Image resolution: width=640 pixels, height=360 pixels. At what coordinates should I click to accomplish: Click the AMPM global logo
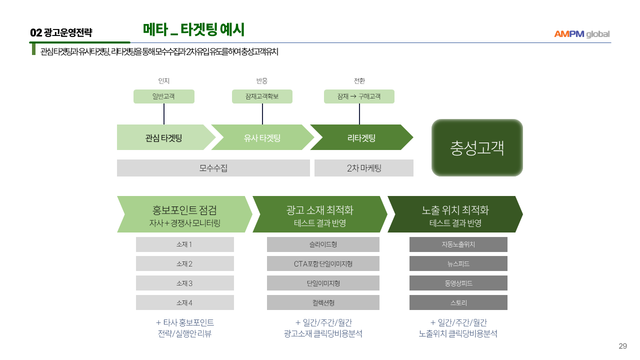pos(581,34)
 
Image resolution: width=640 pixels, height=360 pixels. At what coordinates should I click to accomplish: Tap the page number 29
pos(622,346)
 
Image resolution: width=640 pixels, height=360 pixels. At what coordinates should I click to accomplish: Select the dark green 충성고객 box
pos(477,148)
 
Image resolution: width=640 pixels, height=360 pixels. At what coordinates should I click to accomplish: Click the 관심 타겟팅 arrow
pos(163,137)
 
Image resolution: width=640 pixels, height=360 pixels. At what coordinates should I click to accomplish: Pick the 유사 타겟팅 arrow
pos(262,137)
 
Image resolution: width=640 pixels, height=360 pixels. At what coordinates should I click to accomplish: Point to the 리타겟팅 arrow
pos(361,137)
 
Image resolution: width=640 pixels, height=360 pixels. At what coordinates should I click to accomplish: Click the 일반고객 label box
pos(163,96)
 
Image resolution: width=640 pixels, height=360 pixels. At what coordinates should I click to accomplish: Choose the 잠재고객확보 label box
pos(262,96)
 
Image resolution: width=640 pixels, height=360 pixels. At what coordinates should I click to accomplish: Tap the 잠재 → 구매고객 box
pos(359,96)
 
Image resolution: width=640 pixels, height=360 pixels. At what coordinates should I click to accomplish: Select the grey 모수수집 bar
pos(213,168)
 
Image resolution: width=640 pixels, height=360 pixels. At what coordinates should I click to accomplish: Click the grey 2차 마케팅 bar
pos(364,168)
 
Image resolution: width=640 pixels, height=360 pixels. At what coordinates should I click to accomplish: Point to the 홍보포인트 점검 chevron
pos(184,214)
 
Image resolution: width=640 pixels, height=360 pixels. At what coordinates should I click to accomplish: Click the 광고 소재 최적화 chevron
pos(320,214)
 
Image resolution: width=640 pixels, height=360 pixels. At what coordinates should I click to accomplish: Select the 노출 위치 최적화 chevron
pos(455,214)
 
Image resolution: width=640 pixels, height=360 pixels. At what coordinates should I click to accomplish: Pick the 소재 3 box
pos(184,283)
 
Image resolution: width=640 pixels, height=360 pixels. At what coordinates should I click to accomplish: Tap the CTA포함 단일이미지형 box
pos(323,263)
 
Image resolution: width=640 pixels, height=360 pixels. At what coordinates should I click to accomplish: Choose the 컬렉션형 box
pos(323,302)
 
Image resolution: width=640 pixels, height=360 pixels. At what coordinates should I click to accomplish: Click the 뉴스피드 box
pos(458,263)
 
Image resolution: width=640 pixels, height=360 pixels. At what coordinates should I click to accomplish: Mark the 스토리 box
pos(458,302)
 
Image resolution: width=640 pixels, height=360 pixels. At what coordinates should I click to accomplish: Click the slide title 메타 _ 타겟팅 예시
pos(193,30)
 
